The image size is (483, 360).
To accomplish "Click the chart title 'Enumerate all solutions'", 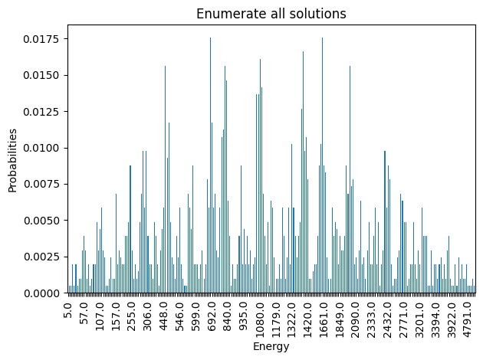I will pyautogui.click(x=271, y=14).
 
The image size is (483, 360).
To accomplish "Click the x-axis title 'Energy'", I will pyautogui.click(x=271, y=347).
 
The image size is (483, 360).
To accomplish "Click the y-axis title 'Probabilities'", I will pyautogui.click(x=12, y=160).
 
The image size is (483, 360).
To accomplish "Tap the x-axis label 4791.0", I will pyautogui.click(x=468, y=317).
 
